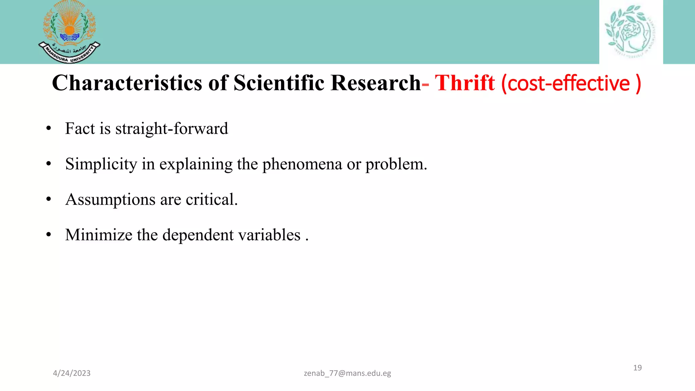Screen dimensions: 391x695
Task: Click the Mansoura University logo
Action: pyautogui.click(x=69, y=32)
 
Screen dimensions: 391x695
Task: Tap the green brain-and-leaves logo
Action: pyautogui.click(x=631, y=31)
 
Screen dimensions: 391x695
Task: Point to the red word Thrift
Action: pyautogui.click(x=465, y=83)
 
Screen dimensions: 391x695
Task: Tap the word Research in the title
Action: pyautogui.click(x=375, y=83)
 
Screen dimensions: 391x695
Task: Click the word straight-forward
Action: pyautogui.click(x=172, y=129)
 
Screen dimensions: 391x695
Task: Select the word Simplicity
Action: pyautogui.click(x=101, y=165)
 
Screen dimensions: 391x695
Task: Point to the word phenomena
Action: pyautogui.click(x=302, y=165)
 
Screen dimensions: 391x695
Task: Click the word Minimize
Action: pyautogui.click(x=98, y=235)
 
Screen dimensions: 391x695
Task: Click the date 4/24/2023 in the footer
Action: pyautogui.click(x=72, y=373)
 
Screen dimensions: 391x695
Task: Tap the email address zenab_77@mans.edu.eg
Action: pyautogui.click(x=347, y=373)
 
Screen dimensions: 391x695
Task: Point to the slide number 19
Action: pyautogui.click(x=637, y=368)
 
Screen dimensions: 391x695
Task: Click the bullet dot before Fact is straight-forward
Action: pyautogui.click(x=49, y=129)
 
